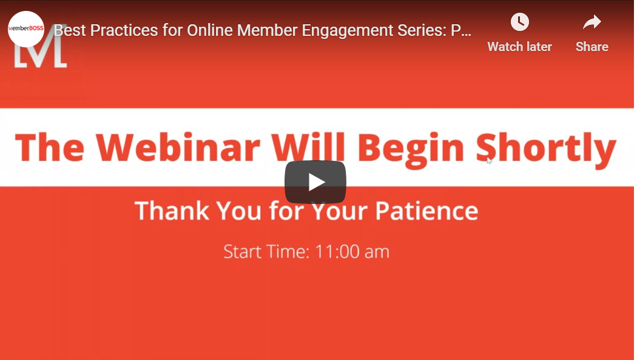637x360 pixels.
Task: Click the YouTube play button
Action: pyautogui.click(x=315, y=182)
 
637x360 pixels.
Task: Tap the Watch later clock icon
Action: pyautogui.click(x=519, y=22)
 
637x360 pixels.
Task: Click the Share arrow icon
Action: pyautogui.click(x=592, y=22)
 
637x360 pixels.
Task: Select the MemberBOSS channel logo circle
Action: pyautogui.click(x=26, y=29)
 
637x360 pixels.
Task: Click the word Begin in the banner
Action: pyautogui.click(x=411, y=150)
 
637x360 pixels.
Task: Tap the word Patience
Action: pyautogui.click(x=426, y=211)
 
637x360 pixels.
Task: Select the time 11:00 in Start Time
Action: pyautogui.click(x=337, y=251)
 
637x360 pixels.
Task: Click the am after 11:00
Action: pyautogui.click(x=377, y=253)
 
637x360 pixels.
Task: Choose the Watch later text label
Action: pyautogui.click(x=519, y=47)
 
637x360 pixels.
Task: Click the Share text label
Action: pyautogui.click(x=592, y=47)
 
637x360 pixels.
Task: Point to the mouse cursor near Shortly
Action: pyautogui.click(x=489, y=160)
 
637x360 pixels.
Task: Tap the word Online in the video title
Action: pyautogui.click(x=210, y=30)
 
